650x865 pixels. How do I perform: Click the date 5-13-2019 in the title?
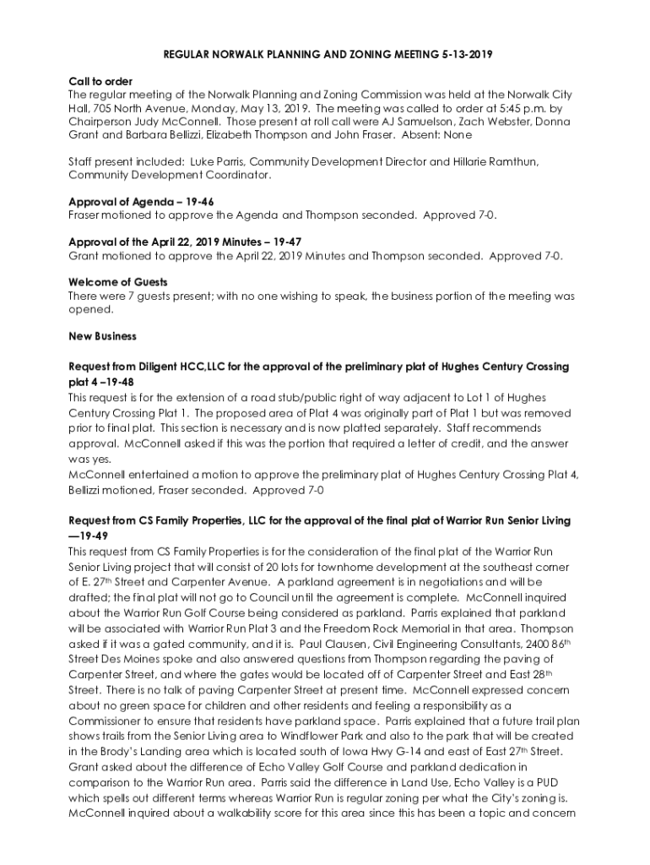(x=463, y=55)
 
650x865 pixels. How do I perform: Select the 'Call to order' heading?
(x=100, y=82)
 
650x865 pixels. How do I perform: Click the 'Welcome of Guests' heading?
(x=117, y=282)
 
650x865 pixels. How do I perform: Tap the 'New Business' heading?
(x=102, y=336)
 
